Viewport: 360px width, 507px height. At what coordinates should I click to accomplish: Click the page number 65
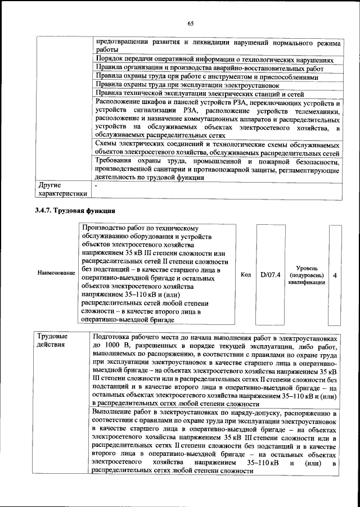190,23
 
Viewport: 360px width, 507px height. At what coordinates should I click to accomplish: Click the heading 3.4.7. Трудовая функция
75,211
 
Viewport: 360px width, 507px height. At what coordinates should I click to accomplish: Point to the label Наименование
56,273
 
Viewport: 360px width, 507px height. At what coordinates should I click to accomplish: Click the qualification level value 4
335,275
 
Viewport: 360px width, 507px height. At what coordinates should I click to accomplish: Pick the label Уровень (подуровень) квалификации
305,275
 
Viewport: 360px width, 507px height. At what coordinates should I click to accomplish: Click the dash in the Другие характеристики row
96,184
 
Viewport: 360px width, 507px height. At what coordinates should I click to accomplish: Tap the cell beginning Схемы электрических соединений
217,148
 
